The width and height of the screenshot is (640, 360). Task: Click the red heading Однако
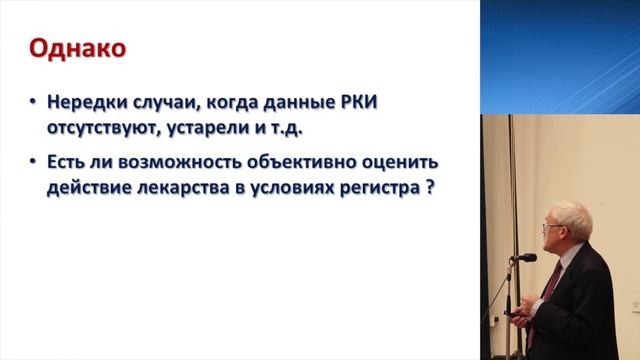pyautogui.click(x=76, y=47)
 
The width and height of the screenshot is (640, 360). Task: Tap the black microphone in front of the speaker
pyautogui.click(x=522, y=258)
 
